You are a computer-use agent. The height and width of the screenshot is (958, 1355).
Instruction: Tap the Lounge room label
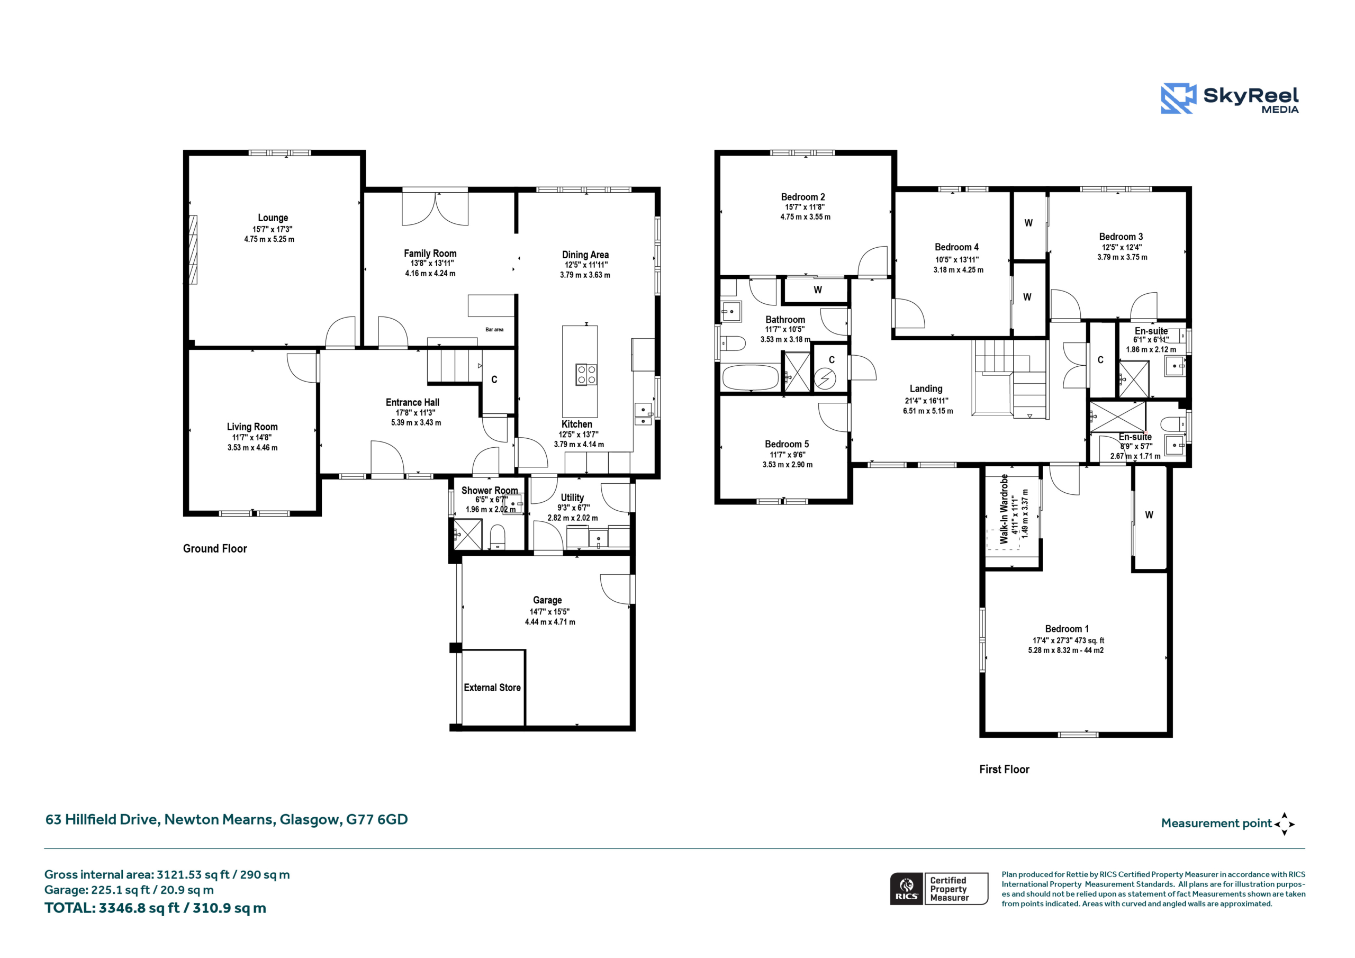pyautogui.click(x=273, y=218)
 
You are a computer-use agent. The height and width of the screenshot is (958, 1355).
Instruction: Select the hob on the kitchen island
pyautogui.click(x=586, y=374)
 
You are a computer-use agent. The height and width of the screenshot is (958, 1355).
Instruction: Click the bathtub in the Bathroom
pyautogui.click(x=750, y=378)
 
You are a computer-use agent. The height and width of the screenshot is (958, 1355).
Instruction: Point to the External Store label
pyautogui.click(x=492, y=688)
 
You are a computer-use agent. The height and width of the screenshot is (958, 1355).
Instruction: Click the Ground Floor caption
pyautogui.click(x=215, y=548)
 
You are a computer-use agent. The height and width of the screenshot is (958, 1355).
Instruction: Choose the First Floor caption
pyautogui.click(x=1004, y=769)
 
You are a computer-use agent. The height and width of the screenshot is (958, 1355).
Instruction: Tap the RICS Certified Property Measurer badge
pyautogui.click(x=939, y=888)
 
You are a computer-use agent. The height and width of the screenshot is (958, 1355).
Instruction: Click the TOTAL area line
pyautogui.click(x=155, y=908)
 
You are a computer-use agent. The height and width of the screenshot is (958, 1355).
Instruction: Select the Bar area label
pyautogui.click(x=494, y=329)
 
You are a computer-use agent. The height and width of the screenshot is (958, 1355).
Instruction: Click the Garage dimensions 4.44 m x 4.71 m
pyautogui.click(x=550, y=621)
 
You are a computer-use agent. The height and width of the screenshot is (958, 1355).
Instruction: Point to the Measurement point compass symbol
pyautogui.click(x=1284, y=824)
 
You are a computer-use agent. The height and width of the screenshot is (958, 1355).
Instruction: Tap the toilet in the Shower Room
pyautogui.click(x=498, y=537)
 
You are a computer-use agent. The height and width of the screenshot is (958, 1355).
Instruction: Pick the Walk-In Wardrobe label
pyautogui.click(x=1004, y=508)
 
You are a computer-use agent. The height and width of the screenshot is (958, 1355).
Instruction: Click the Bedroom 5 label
pyautogui.click(x=787, y=444)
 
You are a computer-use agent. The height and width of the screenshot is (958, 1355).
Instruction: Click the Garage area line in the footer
pyautogui.click(x=129, y=890)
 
